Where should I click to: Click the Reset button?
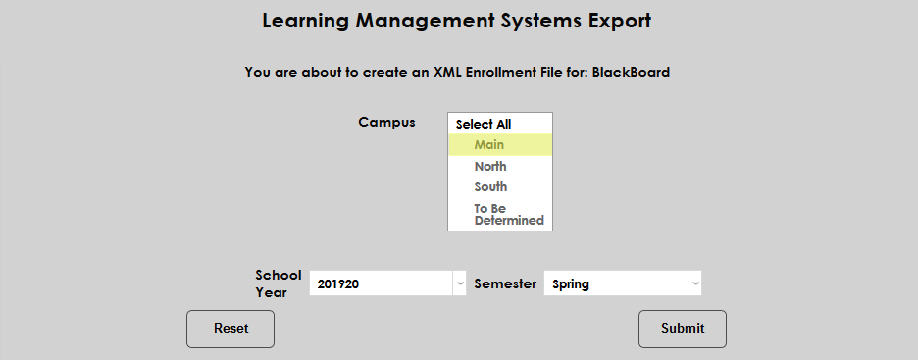(230, 329)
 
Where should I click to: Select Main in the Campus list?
(488, 145)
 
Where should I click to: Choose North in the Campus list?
(490, 167)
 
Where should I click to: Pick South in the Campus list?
(490, 187)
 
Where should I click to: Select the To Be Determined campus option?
(508, 214)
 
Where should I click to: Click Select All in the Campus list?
(484, 125)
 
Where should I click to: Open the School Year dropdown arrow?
(459, 283)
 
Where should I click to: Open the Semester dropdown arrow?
(694, 283)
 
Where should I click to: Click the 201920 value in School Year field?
(338, 284)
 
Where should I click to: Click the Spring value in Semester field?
(571, 284)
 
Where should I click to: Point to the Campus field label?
(386, 123)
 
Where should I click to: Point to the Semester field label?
(505, 283)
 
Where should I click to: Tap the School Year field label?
(279, 283)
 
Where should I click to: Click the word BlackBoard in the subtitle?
(631, 72)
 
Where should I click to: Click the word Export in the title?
(619, 21)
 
